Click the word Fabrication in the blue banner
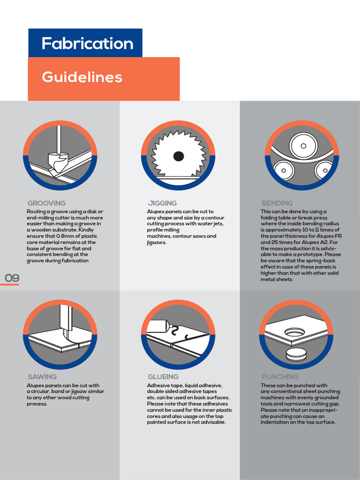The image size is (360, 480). [87, 44]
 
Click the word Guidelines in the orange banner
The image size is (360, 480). [82, 77]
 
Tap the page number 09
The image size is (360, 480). [12, 278]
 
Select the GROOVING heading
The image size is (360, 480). [46, 203]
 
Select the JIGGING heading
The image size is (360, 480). [162, 203]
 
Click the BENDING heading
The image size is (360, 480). [277, 203]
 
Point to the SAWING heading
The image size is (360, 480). [42, 377]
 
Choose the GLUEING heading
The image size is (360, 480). [163, 377]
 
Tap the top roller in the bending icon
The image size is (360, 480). [303, 146]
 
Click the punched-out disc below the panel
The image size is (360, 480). [296, 354]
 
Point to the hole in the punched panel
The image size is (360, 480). [294, 332]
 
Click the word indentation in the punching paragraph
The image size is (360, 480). [277, 422]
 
